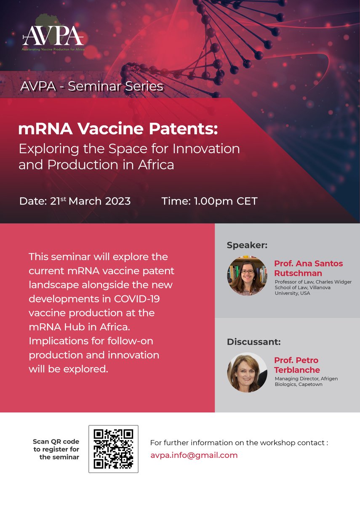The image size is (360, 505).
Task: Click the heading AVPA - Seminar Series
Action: pyautogui.click(x=91, y=87)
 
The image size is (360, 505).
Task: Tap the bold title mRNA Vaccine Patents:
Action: pyautogui.click(x=118, y=129)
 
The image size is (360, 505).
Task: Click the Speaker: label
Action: pyautogui.click(x=247, y=245)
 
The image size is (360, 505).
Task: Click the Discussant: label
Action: pyautogui.click(x=253, y=342)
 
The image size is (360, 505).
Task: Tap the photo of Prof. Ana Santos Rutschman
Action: pyautogui.click(x=247, y=276)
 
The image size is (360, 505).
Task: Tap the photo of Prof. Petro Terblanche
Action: pyautogui.click(x=247, y=372)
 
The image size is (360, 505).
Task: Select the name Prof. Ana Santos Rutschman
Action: pyautogui.click(x=308, y=268)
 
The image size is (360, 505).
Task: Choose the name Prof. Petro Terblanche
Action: pyautogui.click(x=297, y=365)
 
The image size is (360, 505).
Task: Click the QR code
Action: pyautogui.click(x=113, y=449)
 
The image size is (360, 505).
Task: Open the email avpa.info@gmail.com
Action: pyautogui.click(x=194, y=455)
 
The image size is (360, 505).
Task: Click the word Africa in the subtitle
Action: pyautogui.click(x=156, y=165)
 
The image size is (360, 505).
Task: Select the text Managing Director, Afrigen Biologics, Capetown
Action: pyautogui.click(x=306, y=381)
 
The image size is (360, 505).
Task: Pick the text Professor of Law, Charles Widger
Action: pyautogui.click(x=313, y=282)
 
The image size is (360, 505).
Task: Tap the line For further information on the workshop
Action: pyautogui.click(x=239, y=443)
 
